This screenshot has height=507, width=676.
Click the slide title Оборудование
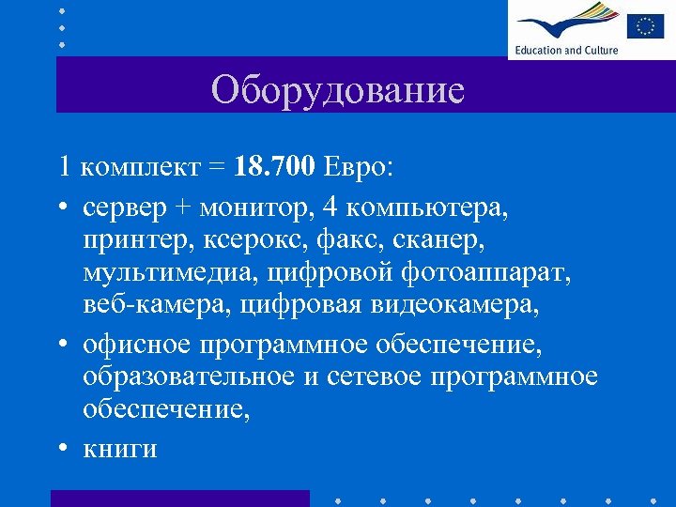pyautogui.click(x=338, y=90)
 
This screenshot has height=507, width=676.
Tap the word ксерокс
pyautogui.click(x=241, y=240)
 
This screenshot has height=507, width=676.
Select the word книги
pyautogui.click(x=119, y=450)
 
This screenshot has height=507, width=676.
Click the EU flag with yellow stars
pyautogui.click(x=646, y=25)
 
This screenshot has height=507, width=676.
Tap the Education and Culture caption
pyautogui.click(x=566, y=50)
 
